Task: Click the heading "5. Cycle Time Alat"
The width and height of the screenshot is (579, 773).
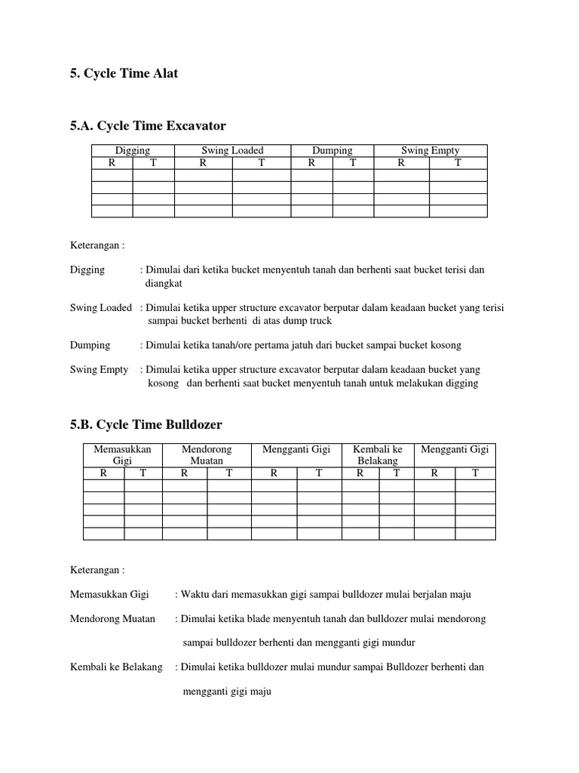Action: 124,75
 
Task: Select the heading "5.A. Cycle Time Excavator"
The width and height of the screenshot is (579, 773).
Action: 148,125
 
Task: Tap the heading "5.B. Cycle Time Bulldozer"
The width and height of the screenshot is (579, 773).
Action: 146,424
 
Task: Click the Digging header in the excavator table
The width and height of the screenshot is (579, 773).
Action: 133,151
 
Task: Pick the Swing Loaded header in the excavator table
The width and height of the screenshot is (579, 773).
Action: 232,151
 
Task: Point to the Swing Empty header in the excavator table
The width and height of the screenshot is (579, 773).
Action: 430,151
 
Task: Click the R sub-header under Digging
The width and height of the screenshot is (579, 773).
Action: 112,162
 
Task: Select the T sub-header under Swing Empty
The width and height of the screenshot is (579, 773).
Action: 458,162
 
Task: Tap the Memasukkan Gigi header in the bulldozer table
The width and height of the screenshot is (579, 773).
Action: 122,454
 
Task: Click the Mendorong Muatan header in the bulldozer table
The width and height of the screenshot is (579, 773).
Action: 207,454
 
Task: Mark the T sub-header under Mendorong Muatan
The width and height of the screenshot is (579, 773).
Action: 229,473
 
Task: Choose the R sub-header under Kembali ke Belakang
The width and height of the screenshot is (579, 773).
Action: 360,473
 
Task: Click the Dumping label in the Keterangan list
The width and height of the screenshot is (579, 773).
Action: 90,345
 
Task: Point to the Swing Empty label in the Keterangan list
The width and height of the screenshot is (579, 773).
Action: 99,370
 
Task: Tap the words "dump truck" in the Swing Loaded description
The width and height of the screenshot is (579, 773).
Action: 306,321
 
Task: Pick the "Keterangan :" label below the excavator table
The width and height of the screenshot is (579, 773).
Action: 97,245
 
